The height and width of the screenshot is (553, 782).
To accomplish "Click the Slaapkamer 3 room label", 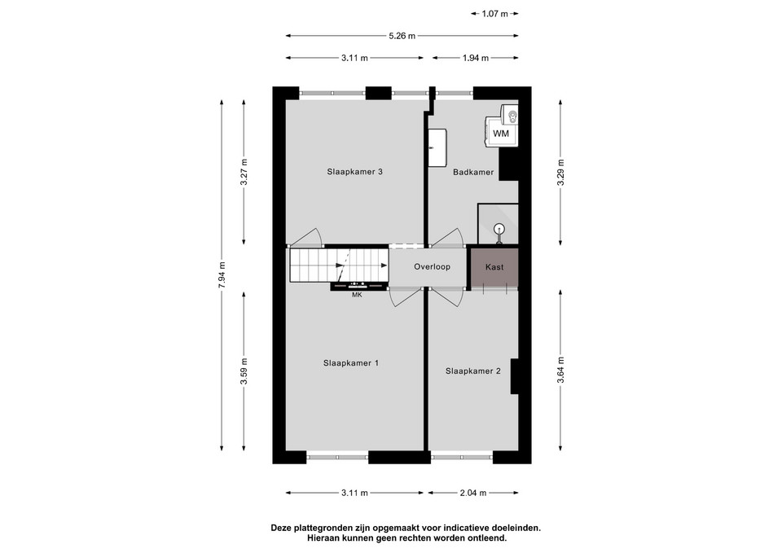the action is point(354,172).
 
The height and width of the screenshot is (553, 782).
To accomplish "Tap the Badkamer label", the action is point(472,172).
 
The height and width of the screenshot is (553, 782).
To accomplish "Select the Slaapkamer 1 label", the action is point(350,363).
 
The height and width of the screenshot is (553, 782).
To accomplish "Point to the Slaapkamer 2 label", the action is point(472,371).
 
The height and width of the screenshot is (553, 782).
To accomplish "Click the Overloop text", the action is point(432,267).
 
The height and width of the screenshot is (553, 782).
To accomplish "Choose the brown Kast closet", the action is point(494,268).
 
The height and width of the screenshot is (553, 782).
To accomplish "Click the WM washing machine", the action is point(501,133).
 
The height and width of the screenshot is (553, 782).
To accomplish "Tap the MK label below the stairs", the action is point(357,295).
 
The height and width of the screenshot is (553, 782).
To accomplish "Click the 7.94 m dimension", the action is point(222,274).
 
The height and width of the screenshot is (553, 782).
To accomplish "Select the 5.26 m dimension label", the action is point(402,36).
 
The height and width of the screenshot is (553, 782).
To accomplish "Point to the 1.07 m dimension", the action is point(494,14).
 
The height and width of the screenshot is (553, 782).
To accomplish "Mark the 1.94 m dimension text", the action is point(475,58).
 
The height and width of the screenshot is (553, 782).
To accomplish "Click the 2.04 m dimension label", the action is point(472,493).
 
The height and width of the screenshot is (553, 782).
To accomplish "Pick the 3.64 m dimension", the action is point(560,370).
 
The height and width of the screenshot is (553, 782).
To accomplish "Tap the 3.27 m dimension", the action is point(244,172).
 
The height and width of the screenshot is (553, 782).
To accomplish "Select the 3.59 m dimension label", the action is point(244,371).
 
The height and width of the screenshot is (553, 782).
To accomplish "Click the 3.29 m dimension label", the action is point(560,172).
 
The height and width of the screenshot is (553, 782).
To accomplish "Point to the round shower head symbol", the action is point(499,229).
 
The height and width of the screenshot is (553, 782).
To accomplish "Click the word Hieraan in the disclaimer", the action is point(323,538).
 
